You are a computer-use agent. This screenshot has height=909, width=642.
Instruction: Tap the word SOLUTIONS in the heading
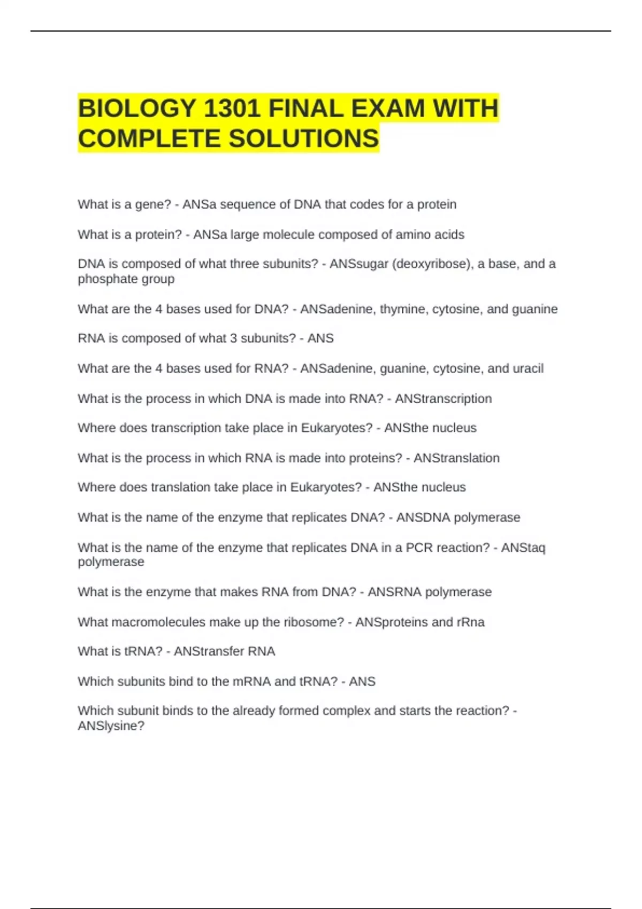[x=304, y=138]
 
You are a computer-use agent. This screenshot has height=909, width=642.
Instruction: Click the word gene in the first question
[x=153, y=205]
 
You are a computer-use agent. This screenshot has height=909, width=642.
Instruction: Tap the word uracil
[x=528, y=368]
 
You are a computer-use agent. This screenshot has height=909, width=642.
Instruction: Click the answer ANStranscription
[x=443, y=399]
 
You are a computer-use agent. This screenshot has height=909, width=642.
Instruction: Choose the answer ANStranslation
[x=456, y=458]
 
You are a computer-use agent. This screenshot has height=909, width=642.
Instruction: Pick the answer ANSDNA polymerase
[x=458, y=518]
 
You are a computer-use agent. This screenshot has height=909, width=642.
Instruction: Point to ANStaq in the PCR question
[x=523, y=548]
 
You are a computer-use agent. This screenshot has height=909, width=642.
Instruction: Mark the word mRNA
[x=251, y=682]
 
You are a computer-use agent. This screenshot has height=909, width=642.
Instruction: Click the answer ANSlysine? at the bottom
[x=111, y=726]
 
